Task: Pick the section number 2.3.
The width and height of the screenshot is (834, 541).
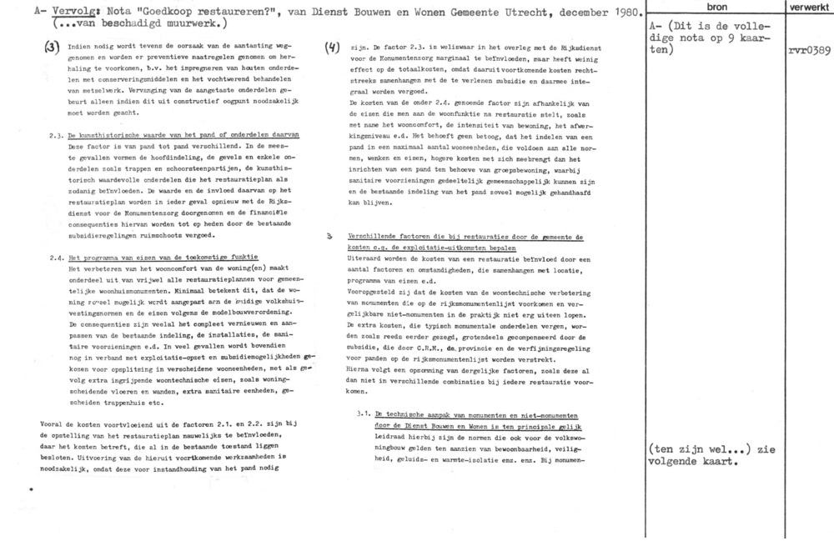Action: pos(58,134)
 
